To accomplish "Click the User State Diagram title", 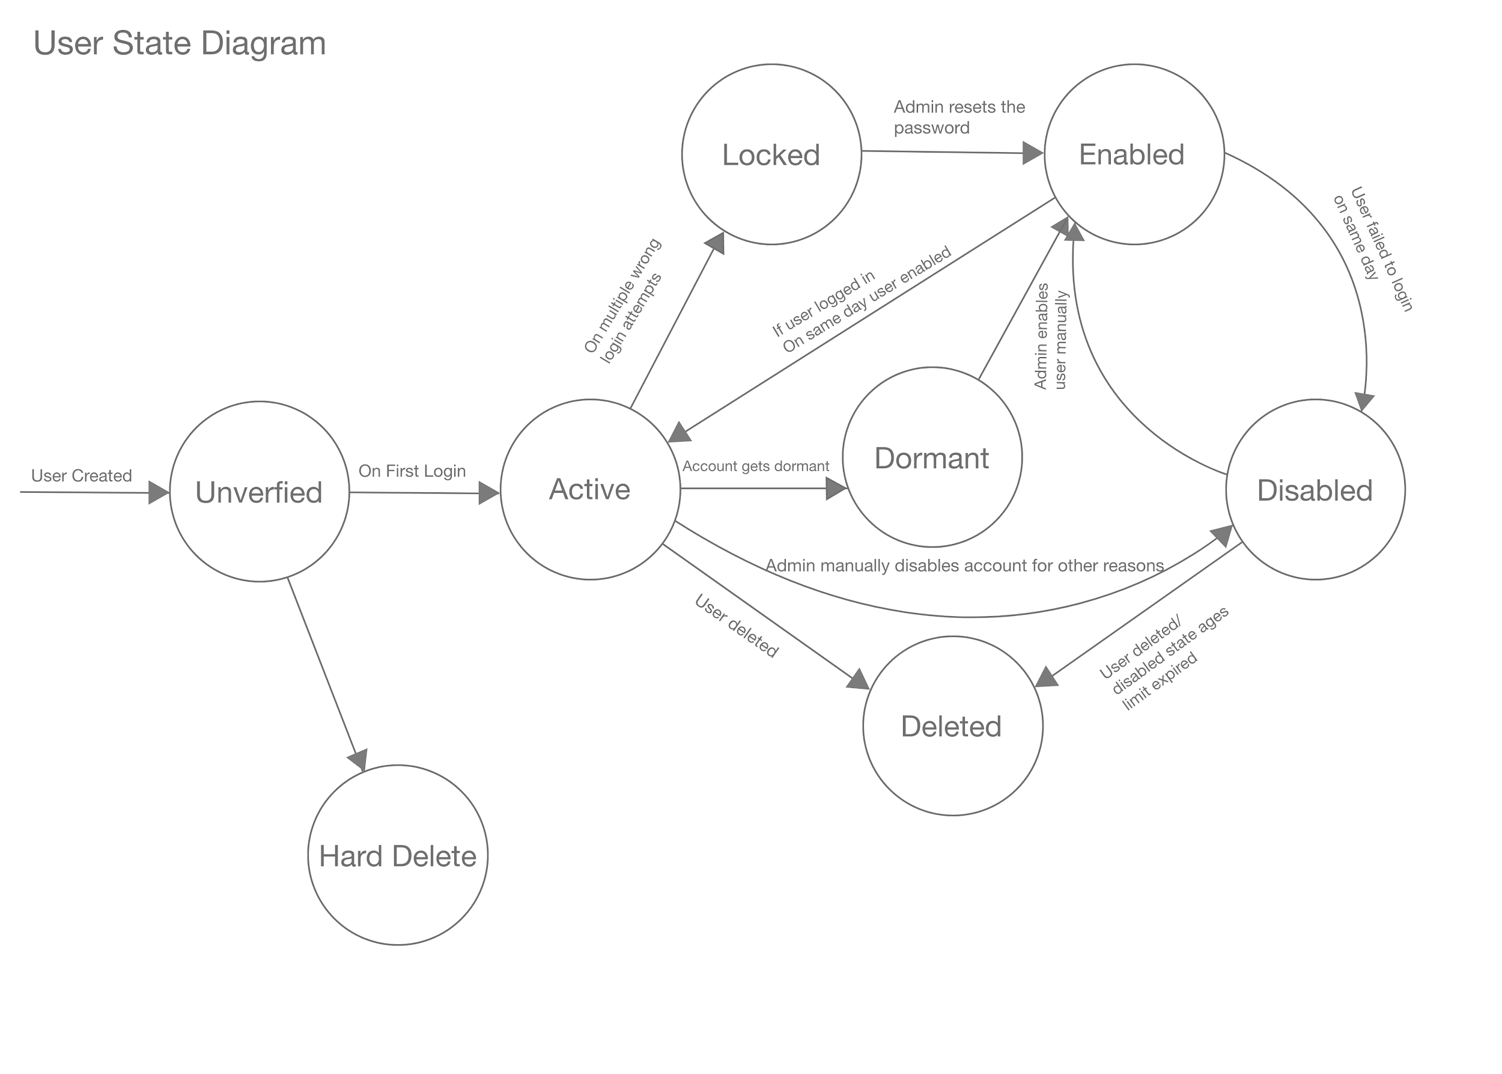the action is coord(179,44).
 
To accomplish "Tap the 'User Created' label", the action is coord(81,475).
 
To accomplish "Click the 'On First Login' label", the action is coord(412,471).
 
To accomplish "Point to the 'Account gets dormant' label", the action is coord(756,466).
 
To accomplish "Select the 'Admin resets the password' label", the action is coord(959,117).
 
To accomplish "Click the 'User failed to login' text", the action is coord(1381,249).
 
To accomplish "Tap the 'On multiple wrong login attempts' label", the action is coord(624,301).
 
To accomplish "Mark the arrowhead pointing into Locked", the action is coord(716,243).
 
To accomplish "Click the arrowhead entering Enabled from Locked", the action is coord(1033,153).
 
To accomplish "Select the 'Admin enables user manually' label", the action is coord(1050,336).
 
